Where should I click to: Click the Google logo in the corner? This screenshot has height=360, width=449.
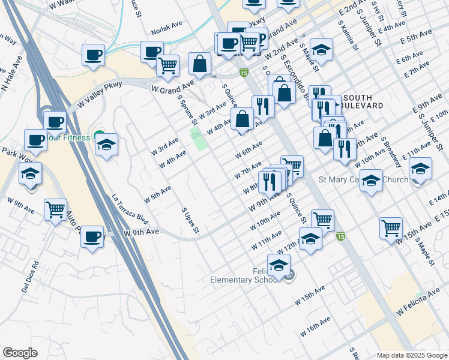point(20,353)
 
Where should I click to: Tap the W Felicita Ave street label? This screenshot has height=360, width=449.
point(418,304)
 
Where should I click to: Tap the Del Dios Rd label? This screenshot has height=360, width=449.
point(30,277)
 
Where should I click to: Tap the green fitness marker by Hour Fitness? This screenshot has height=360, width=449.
point(100,137)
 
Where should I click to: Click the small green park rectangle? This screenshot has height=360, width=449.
point(197,139)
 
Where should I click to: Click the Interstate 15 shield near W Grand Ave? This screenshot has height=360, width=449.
point(243,73)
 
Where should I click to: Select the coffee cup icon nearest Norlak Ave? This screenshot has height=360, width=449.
point(152,51)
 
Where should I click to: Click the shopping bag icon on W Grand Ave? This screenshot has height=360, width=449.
point(199,63)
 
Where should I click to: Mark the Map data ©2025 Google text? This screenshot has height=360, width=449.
point(412,355)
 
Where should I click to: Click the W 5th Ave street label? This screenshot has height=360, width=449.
point(157,194)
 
